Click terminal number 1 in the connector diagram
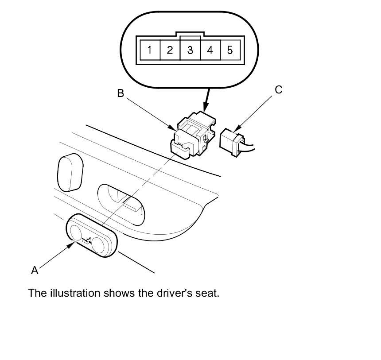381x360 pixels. pyautogui.click(x=150, y=50)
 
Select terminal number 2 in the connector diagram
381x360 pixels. pyautogui.click(x=170, y=50)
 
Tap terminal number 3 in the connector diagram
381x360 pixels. pyautogui.click(x=190, y=50)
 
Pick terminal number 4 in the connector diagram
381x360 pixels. pyautogui.click(x=210, y=50)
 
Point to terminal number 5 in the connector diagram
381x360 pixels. pyautogui.click(x=230, y=50)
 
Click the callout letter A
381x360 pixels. pyautogui.click(x=35, y=270)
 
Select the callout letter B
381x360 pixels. pyautogui.click(x=120, y=93)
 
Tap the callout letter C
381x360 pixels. pyautogui.click(x=278, y=90)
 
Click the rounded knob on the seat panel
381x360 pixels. pyautogui.click(x=70, y=172)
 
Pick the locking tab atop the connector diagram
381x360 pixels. pyautogui.click(x=190, y=34)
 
